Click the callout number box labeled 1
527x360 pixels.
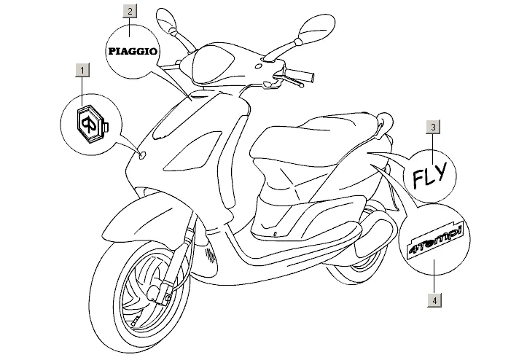(x=83, y=71)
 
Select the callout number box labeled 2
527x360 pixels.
(x=129, y=11)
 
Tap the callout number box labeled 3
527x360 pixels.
(x=433, y=128)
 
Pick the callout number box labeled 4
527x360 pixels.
(x=434, y=299)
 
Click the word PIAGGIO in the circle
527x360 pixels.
(x=132, y=51)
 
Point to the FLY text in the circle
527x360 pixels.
(x=431, y=176)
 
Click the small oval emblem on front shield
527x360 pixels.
(x=142, y=154)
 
